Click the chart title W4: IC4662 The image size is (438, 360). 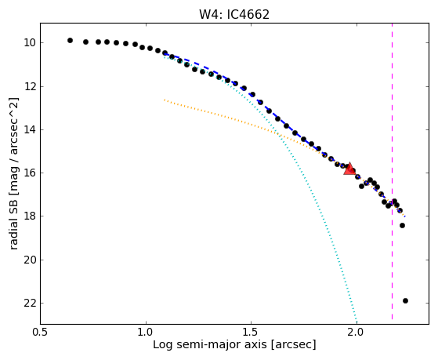(x=234, y=15)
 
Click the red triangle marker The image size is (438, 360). (x=349, y=169)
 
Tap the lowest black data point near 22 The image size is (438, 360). (x=405, y=300)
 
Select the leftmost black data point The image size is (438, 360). (x=70, y=40)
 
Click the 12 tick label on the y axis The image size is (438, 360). (x=30, y=87)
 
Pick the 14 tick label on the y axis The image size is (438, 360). (x=30, y=129)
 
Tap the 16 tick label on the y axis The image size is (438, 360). (x=30, y=173)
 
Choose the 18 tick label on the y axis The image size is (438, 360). (x=30, y=216)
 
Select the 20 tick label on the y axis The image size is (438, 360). (x=30, y=260)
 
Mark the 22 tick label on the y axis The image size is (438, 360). (x=30, y=304)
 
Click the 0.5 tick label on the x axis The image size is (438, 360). (x=40, y=333)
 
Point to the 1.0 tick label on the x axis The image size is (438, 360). (x=146, y=333)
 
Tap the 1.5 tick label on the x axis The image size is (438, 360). (x=251, y=333)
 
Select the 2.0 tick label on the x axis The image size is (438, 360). (x=357, y=333)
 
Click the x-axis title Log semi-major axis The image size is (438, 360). (x=210, y=344)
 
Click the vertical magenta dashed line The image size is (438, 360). (x=393, y=171)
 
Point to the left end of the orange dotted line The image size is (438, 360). (x=165, y=100)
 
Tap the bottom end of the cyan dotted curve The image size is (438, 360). (x=357, y=320)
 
